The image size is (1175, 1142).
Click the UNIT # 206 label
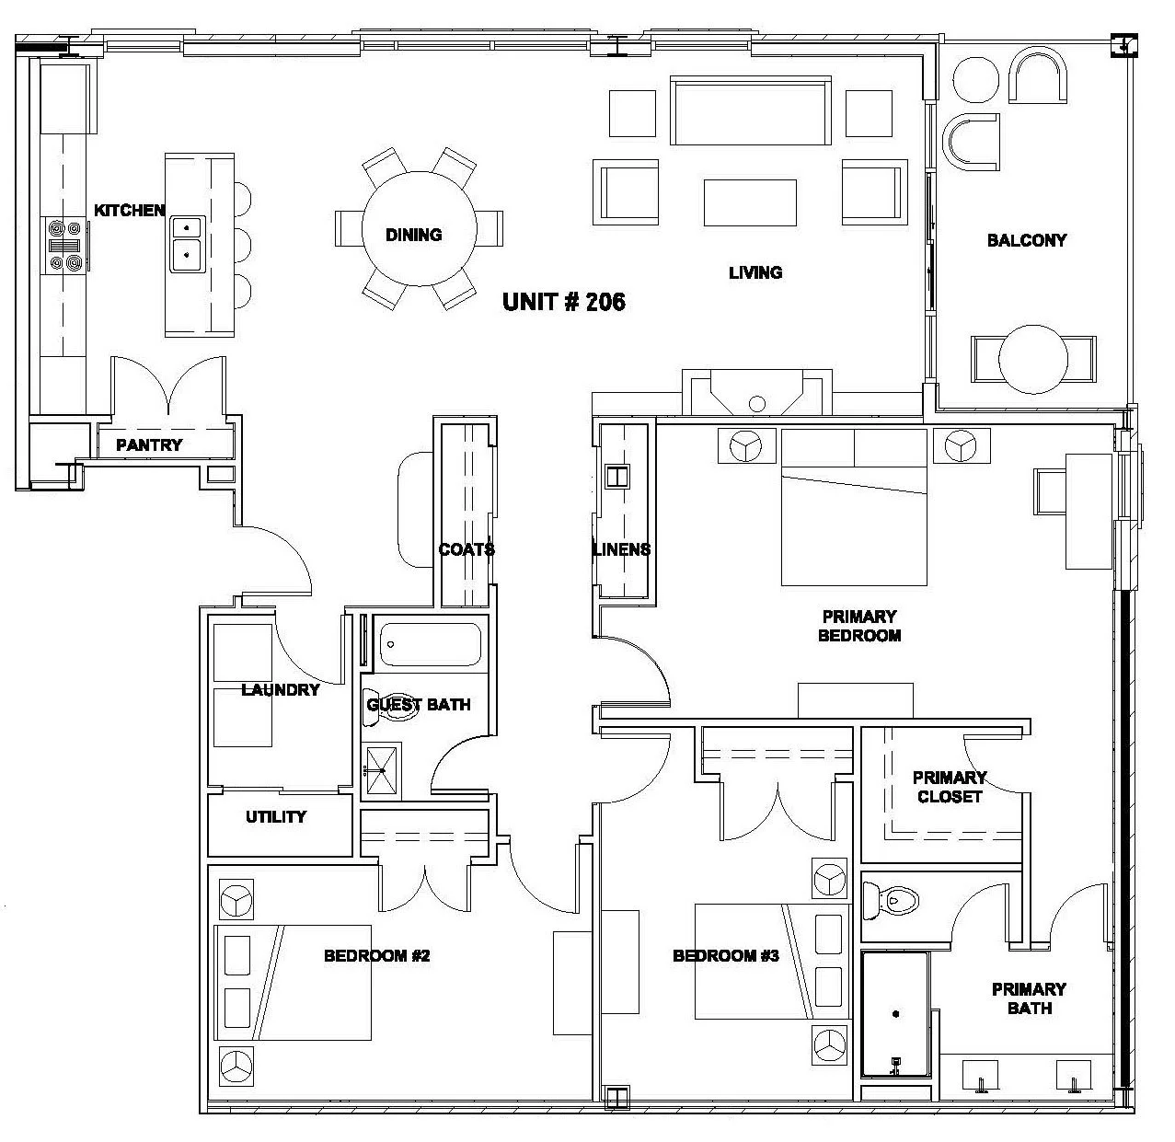click(563, 302)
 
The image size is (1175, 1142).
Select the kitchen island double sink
click(187, 238)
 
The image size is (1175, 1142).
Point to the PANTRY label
click(149, 445)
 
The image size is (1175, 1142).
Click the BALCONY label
click(1026, 240)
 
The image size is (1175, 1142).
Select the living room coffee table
click(750, 202)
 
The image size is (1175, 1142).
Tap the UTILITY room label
click(276, 816)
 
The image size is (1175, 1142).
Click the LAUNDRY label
click(280, 689)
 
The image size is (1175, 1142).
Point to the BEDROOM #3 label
click(726, 956)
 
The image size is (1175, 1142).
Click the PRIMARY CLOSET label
click(949, 787)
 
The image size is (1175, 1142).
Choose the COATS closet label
click(467, 549)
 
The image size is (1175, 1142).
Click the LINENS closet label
click(621, 549)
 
